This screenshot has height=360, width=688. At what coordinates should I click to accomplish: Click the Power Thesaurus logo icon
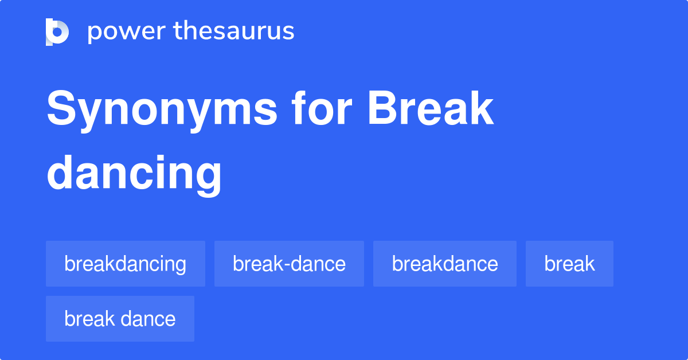(57, 32)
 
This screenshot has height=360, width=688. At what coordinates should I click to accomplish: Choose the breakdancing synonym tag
(126, 264)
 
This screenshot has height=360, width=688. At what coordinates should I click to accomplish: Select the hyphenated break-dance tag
(289, 264)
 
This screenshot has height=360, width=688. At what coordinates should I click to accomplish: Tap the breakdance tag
(445, 264)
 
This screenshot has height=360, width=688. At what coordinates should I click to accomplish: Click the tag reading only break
(569, 264)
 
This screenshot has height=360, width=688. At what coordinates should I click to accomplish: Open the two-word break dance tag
(120, 319)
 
